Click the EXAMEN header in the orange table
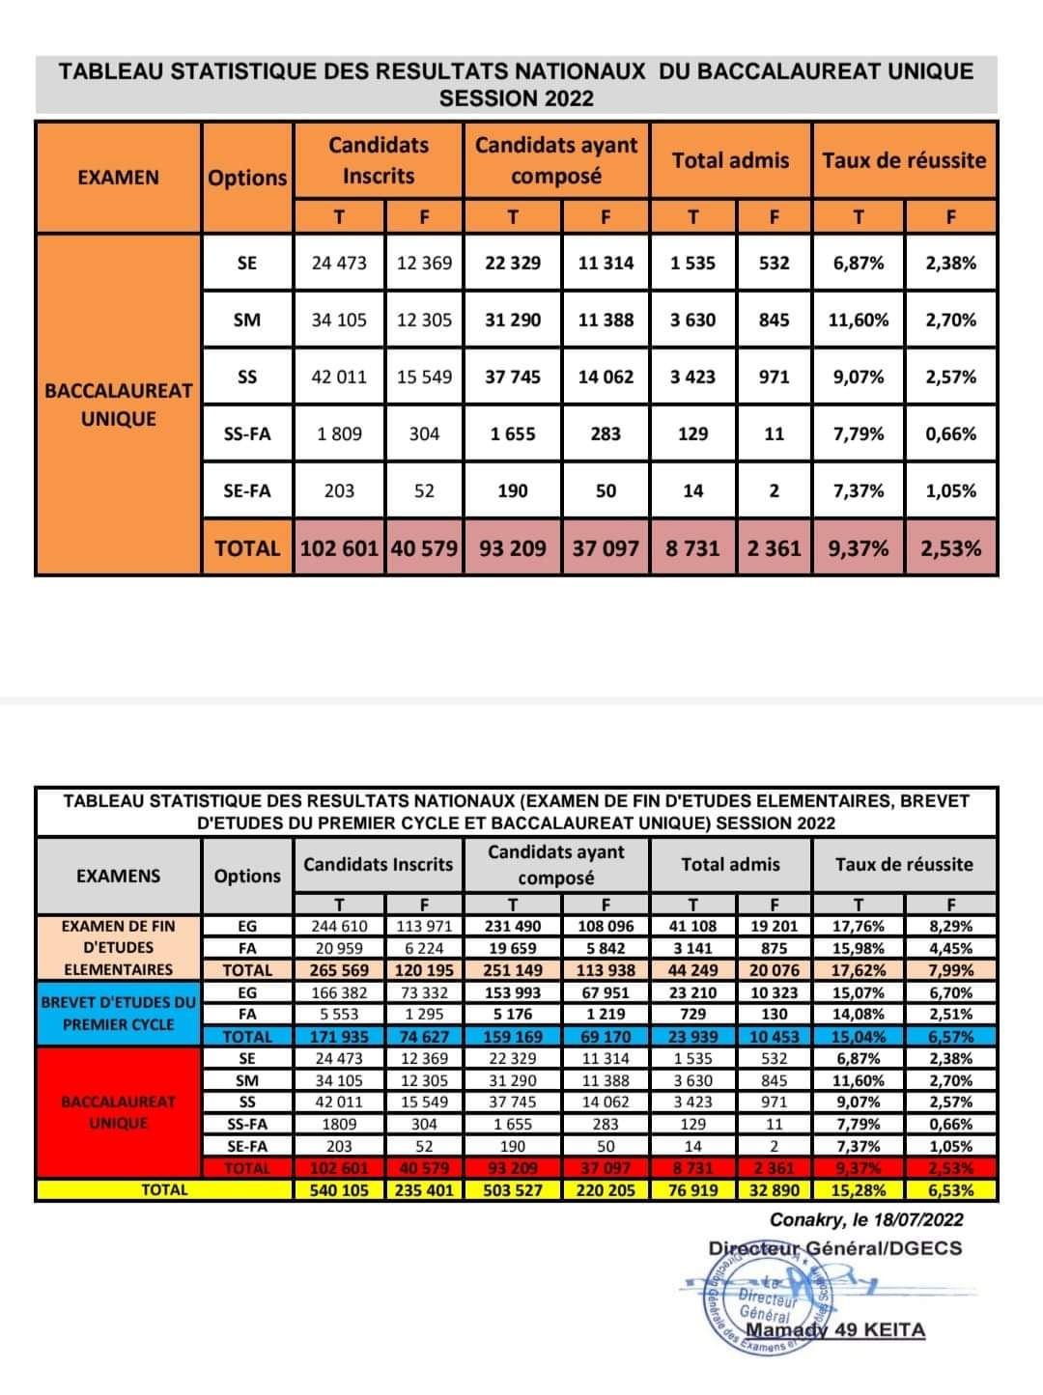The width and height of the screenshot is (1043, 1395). [x=118, y=177]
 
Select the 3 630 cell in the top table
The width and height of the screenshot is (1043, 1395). [x=692, y=320]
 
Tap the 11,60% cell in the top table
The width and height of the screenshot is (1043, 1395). [x=858, y=320]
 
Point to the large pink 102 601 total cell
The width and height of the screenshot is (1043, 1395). [x=339, y=548]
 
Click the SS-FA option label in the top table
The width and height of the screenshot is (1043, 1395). [x=246, y=433]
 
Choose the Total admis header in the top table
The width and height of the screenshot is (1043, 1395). [x=730, y=160]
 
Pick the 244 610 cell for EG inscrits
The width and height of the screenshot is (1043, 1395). [x=339, y=926]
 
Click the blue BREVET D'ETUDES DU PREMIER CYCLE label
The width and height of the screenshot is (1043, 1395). [x=118, y=1013]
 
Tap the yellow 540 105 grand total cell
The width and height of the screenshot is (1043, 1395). [x=339, y=1190]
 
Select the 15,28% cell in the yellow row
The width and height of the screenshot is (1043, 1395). [x=858, y=1190]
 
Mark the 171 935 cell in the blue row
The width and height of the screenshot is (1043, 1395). [x=339, y=1037]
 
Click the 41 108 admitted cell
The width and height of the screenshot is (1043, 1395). [x=692, y=926]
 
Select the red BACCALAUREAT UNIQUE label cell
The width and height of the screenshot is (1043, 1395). [x=118, y=1112]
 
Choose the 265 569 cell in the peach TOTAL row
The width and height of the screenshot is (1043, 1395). [x=339, y=970]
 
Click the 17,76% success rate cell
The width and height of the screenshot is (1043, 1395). [x=858, y=926]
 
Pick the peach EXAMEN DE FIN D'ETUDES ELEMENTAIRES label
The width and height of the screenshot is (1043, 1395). [x=118, y=947]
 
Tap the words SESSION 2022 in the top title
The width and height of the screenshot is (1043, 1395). [x=516, y=98]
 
